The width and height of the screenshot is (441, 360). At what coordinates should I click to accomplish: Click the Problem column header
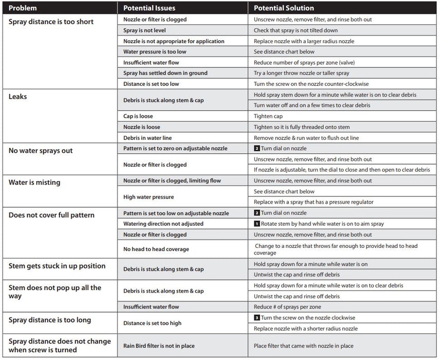[x=23, y=8]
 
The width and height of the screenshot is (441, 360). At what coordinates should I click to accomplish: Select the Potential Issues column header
[x=149, y=8]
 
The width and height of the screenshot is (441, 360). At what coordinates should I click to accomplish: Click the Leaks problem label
[x=18, y=97]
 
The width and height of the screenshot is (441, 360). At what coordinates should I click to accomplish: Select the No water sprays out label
[x=41, y=151]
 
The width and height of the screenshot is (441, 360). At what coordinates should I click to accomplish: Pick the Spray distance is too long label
[x=50, y=320]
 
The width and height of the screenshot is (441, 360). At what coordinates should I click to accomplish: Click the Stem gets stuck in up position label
[x=57, y=266]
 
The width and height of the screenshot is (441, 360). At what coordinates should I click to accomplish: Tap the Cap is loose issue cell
[x=138, y=116]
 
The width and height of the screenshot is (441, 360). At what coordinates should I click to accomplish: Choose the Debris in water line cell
[x=148, y=138]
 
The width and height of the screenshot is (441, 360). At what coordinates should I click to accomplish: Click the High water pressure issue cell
[x=149, y=197]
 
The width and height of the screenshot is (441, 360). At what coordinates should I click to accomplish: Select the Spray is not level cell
[x=144, y=30]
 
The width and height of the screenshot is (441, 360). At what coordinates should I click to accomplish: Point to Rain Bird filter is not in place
[x=159, y=346]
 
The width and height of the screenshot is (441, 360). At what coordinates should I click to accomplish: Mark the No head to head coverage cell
[x=156, y=249]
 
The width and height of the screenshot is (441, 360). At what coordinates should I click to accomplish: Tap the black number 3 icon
[x=257, y=318]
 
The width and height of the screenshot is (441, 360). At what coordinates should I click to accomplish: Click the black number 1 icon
[x=257, y=224]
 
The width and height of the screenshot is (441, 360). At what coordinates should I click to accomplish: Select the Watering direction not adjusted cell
[x=163, y=224]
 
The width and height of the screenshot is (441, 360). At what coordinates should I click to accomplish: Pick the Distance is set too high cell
[x=152, y=323]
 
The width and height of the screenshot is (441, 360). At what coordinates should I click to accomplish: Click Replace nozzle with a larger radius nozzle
[x=304, y=41]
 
